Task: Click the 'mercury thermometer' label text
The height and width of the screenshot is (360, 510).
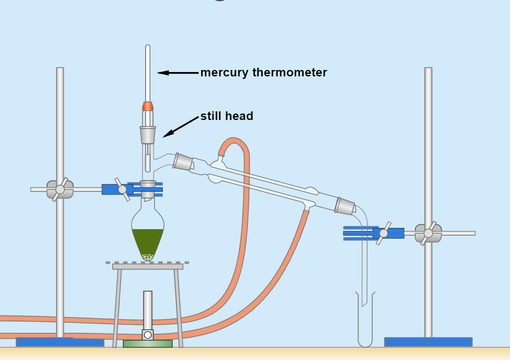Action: tap(263, 73)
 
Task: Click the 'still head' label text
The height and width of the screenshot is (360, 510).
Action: tap(227, 116)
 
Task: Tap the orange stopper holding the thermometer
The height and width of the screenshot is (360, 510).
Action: tap(148, 106)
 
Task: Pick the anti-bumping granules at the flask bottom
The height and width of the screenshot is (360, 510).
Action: tap(148, 257)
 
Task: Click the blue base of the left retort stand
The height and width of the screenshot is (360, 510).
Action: tap(60, 342)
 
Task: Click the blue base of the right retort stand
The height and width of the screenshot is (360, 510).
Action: tap(428, 342)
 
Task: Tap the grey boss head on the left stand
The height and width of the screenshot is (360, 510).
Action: tap(60, 189)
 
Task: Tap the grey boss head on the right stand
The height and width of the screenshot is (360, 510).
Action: tap(428, 233)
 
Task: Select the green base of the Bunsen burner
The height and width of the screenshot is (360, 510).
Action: tap(148, 344)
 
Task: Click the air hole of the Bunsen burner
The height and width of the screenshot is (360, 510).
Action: tap(148, 335)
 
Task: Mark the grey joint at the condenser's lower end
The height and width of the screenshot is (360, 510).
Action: tap(345, 205)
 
